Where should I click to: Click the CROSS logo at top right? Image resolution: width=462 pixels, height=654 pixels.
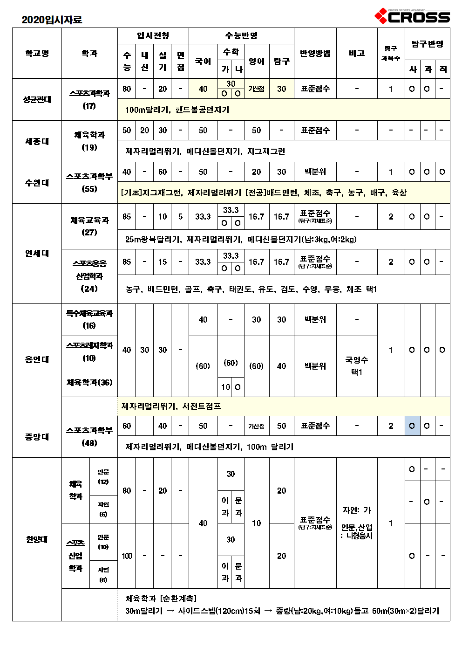[412, 17]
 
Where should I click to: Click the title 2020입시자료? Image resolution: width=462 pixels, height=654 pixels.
[52, 20]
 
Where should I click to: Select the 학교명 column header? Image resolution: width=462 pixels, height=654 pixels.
[37, 53]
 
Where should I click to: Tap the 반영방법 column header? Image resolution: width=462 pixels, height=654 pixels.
[315, 53]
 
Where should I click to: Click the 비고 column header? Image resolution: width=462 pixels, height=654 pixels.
[357, 53]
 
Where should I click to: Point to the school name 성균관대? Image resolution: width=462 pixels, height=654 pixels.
[37, 99]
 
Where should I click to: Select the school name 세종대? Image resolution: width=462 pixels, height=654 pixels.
[37, 141]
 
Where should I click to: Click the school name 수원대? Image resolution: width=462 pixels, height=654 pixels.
[37, 183]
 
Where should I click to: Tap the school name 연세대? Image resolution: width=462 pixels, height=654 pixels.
[37, 253]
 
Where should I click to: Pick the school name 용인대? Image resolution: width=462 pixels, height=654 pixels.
[37, 359]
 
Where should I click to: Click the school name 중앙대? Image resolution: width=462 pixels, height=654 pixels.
[37, 437]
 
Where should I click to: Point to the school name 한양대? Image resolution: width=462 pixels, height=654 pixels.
[37, 539]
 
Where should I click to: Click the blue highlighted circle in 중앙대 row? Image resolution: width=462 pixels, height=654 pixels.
[412, 426]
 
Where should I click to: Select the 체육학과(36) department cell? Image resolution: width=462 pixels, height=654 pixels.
[89, 382]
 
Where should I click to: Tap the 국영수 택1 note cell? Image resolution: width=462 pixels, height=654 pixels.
[357, 366]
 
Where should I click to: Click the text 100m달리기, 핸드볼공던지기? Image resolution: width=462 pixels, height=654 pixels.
[177, 110]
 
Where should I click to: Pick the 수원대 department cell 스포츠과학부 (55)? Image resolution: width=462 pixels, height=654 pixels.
[89, 182]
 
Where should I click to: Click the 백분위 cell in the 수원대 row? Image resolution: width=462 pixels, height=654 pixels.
[315, 172]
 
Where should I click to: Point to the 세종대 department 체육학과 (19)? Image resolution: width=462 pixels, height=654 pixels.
[89, 141]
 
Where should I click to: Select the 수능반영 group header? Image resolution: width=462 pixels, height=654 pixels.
[241, 36]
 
